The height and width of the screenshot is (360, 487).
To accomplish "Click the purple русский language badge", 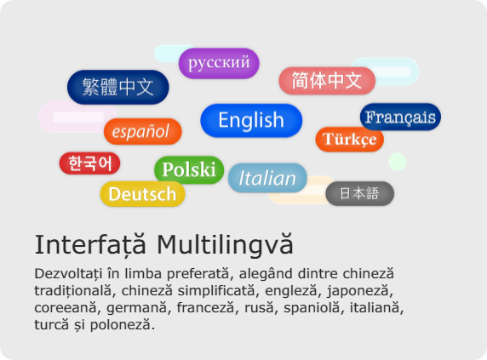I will pos(219,63).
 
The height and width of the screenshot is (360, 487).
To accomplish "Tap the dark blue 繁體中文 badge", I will pos(117,87).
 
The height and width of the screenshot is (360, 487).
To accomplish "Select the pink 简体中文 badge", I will pos(327,81).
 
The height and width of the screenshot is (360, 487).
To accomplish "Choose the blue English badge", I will pos(251,120).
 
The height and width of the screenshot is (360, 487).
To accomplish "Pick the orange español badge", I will pos(142,132).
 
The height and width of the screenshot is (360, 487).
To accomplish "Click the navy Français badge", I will pos(400,117).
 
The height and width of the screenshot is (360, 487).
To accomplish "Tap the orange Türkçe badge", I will pos(349,140).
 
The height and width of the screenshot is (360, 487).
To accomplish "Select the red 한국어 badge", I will pos(89,163).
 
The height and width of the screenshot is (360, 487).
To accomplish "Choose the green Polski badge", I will pos(189,170).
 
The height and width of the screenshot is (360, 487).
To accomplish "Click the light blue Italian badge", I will pos(267,178).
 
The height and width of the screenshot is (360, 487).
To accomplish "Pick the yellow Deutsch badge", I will pos(142,194).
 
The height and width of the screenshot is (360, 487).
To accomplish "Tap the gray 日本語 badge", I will pos(359,193).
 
